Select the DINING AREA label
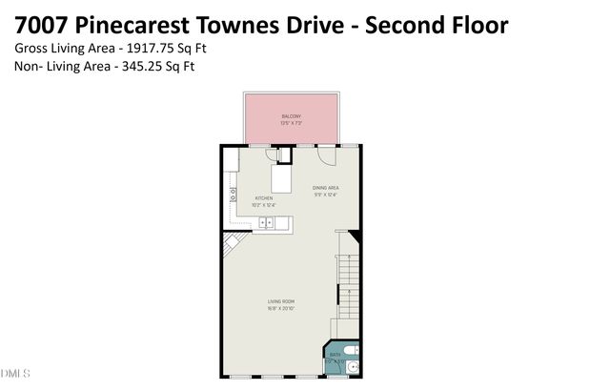coord(326,189)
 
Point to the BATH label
coord(335,353)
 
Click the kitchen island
coord(283,177)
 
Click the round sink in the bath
coord(354,367)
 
